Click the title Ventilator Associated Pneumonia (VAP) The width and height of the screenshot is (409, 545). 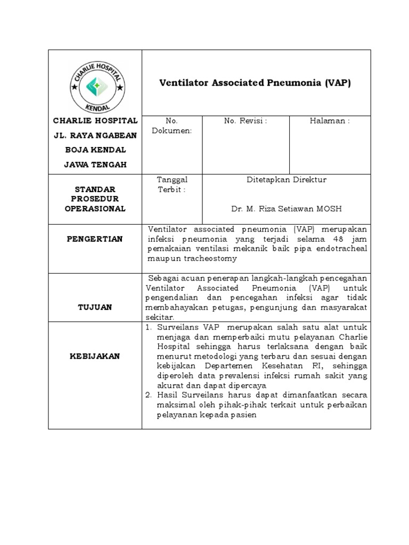point(256,83)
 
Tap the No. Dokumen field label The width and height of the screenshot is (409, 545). point(171,126)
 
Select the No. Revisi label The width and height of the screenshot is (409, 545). point(245,121)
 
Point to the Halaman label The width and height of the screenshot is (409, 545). point(330,121)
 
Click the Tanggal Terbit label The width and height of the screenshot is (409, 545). point(171,185)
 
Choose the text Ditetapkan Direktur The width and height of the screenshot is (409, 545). point(287,180)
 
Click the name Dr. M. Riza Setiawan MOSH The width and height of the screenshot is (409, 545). point(287,209)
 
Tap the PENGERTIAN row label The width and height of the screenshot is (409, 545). point(95,239)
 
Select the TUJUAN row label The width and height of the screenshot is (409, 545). point(95,308)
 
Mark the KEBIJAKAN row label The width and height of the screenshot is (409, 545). point(95,356)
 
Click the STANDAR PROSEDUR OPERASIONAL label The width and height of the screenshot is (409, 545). point(95,199)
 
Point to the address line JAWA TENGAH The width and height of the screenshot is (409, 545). point(95,164)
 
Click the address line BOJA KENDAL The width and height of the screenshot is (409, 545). point(95,150)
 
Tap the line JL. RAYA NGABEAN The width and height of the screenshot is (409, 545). point(95,135)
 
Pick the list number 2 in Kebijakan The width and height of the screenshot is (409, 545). point(149,395)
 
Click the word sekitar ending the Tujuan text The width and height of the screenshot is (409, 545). point(158,317)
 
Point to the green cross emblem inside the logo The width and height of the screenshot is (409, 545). point(95,84)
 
